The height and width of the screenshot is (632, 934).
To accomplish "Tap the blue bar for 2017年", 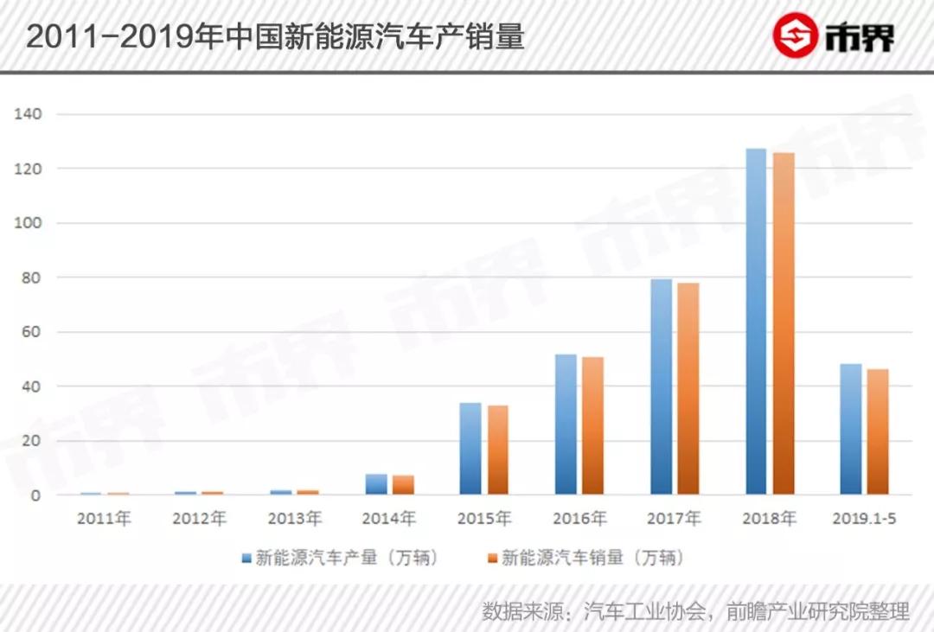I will point(662,387).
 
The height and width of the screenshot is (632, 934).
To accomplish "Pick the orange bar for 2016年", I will point(592,425).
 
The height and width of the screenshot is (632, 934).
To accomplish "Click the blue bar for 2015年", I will point(470,449).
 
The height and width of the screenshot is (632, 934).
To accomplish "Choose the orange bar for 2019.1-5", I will point(878,431).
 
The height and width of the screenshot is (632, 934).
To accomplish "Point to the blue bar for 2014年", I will point(376,484).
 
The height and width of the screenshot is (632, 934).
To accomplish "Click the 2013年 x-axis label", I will point(294,519).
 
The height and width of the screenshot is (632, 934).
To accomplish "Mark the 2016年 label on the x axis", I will point(579,519).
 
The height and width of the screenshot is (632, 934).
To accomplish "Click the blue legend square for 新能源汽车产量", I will point(246,559).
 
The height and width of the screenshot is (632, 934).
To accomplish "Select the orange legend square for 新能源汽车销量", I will point(493,559).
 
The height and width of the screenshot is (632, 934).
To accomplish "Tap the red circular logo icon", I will point(795,36).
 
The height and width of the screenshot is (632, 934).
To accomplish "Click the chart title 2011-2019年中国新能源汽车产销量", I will point(275,37).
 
